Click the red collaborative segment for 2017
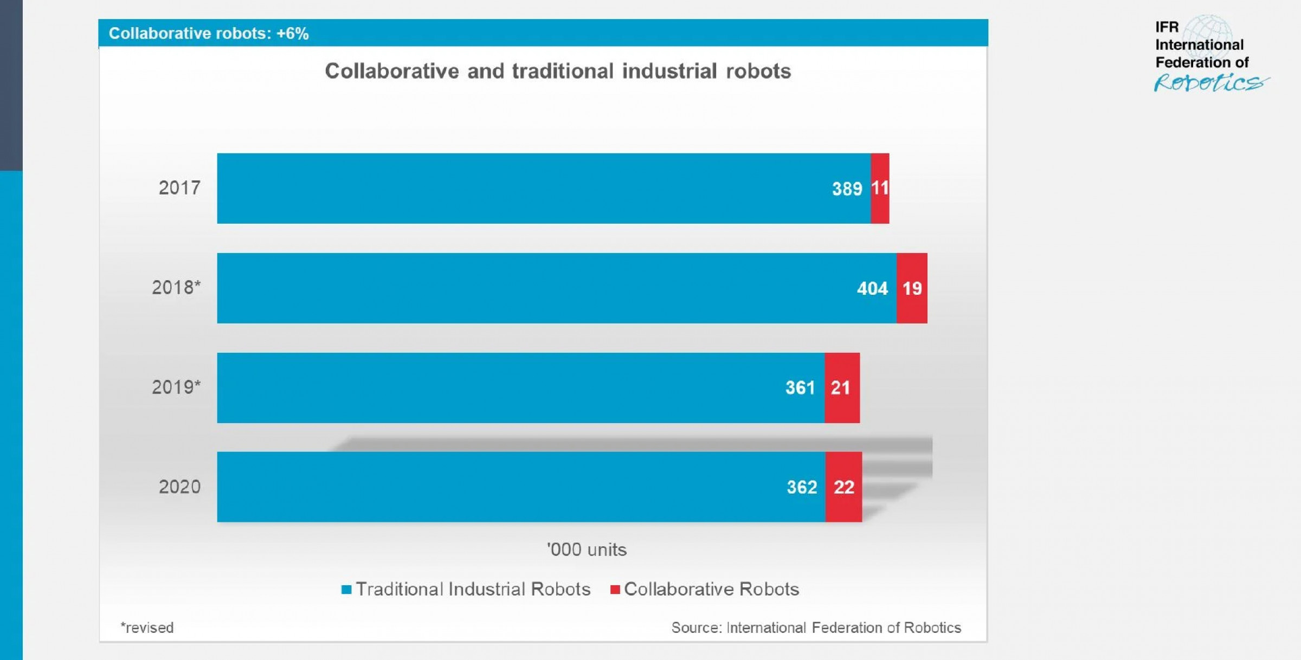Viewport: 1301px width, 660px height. [x=880, y=188]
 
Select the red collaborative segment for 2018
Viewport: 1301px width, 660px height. [x=912, y=288]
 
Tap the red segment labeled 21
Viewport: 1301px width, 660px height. [x=842, y=387]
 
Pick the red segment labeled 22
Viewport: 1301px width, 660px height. [x=843, y=487]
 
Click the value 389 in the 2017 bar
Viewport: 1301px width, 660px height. [x=847, y=189]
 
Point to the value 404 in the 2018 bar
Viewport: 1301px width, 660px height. [x=872, y=288]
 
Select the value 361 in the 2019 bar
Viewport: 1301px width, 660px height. [x=800, y=387]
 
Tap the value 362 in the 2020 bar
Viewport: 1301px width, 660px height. [x=802, y=487]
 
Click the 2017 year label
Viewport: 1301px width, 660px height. [x=179, y=188]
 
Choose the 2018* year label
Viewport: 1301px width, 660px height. [x=176, y=288]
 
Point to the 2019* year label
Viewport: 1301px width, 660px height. [x=176, y=387]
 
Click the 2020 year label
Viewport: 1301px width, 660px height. [x=179, y=487]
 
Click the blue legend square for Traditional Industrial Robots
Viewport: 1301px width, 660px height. [x=346, y=590]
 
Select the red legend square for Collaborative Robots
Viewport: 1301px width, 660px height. [x=615, y=590]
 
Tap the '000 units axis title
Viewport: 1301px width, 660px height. [x=587, y=550]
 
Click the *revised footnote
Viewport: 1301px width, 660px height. [x=147, y=627]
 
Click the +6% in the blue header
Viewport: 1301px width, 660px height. [x=292, y=34]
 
